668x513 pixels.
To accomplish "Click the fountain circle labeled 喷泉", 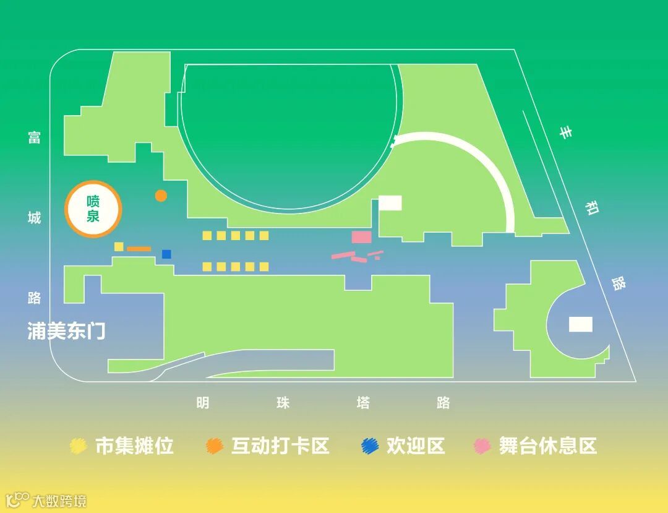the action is (93, 210).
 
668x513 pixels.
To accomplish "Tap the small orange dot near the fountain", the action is (161, 196).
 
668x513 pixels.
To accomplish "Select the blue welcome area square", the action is (166, 254).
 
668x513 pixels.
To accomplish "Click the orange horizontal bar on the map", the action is (139, 249).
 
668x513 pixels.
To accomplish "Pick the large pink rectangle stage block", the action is (362, 237).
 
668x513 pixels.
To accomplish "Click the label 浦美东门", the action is (66, 331).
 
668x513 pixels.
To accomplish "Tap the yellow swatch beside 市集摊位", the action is (79, 446).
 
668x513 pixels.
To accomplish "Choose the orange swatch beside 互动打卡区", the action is (215, 446).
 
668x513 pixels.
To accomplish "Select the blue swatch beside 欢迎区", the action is (370, 446).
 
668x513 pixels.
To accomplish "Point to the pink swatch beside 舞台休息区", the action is (482, 446).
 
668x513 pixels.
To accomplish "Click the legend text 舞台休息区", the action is (548, 446).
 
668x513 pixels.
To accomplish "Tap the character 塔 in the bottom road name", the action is (363, 403).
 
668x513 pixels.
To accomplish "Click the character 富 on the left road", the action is (34, 137).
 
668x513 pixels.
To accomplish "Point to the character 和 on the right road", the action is (592, 208).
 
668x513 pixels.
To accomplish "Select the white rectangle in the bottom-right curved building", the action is (581, 324).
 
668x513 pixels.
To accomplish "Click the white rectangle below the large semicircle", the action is (390, 203).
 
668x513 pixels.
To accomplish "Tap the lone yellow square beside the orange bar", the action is (119, 246).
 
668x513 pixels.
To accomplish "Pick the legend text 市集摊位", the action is (134, 446).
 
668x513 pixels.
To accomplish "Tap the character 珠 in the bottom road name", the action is (283, 403).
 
